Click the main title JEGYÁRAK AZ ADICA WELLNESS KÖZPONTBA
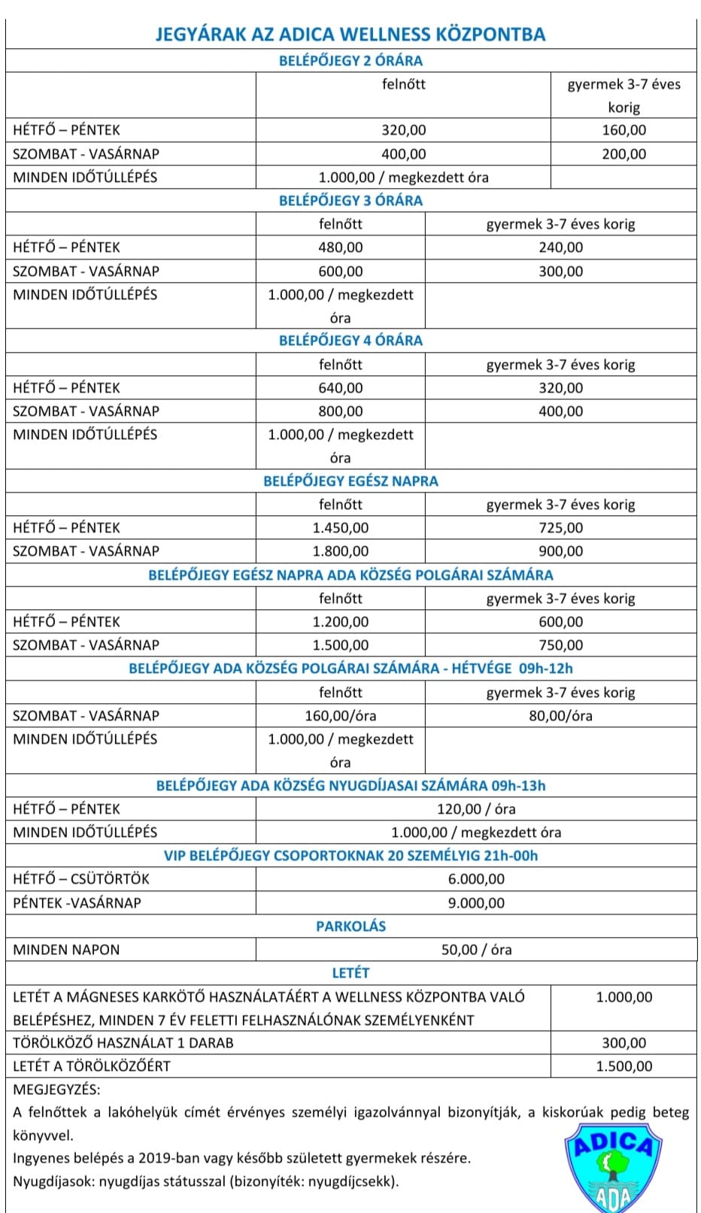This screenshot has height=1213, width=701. pyautogui.click(x=350, y=35)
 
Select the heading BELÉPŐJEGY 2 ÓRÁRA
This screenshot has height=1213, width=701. pyautogui.click(x=350, y=61)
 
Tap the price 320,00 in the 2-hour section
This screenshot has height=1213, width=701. pyautogui.click(x=403, y=130)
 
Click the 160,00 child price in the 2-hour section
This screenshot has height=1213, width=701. pyautogui.click(x=624, y=130)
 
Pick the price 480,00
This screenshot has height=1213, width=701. pyautogui.click(x=340, y=247)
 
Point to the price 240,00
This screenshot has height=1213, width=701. pyautogui.click(x=560, y=247)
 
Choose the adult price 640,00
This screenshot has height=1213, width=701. pyautogui.click(x=340, y=388)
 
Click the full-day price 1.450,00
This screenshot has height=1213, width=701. pyautogui.click(x=340, y=528)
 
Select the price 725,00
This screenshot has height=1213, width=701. pyautogui.click(x=560, y=528)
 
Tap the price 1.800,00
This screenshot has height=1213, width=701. pyautogui.click(x=340, y=551)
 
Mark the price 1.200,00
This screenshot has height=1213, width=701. pyautogui.click(x=340, y=622)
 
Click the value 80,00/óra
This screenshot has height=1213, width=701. pyautogui.click(x=560, y=716)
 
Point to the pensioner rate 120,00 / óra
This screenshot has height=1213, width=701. pyautogui.click(x=476, y=809)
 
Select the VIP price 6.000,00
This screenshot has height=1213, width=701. pyautogui.click(x=476, y=879)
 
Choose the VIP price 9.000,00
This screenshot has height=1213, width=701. pyautogui.click(x=476, y=903)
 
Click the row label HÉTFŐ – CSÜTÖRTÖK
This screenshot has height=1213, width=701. pyautogui.click(x=81, y=879)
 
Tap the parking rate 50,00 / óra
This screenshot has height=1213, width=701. pyautogui.click(x=476, y=950)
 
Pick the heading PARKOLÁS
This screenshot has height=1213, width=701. pyautogui.click(x=350, y=926)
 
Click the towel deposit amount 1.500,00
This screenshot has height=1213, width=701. pyautogui.click(x=624, y=1066)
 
